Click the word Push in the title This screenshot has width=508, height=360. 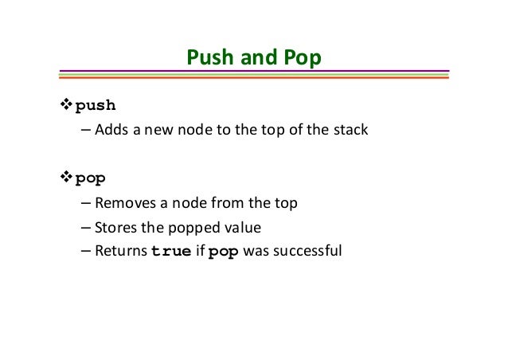(208, 57)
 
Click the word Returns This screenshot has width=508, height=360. (120, 252)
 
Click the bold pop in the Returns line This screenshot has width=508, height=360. (221, 252)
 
